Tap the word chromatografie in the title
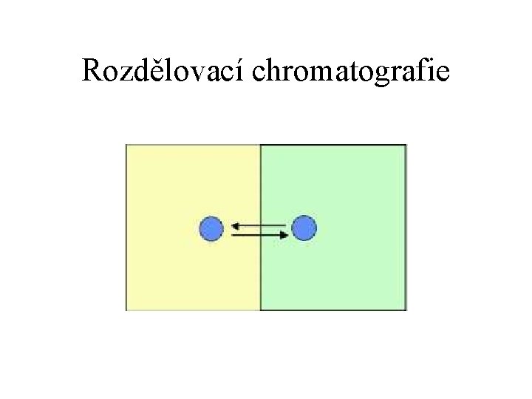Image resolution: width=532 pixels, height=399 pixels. coord(352,72)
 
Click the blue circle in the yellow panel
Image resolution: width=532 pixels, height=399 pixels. coord(211,228)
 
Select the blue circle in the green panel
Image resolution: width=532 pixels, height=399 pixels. coord(304,228)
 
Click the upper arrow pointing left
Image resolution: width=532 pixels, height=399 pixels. coord(258,224)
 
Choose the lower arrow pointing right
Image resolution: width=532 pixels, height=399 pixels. coord(259,234)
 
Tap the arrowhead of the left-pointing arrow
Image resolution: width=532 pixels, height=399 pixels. coord(233,224)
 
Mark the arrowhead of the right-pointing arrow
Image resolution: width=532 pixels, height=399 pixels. coord(285,234)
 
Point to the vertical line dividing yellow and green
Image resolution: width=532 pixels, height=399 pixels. coord(261,281)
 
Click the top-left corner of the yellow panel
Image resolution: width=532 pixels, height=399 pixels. coord(127,145)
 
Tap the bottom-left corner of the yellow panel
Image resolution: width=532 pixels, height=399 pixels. coord(127,310)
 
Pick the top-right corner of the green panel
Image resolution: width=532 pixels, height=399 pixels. coord(406,145)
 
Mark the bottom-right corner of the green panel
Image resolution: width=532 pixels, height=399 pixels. coord(406,310)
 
